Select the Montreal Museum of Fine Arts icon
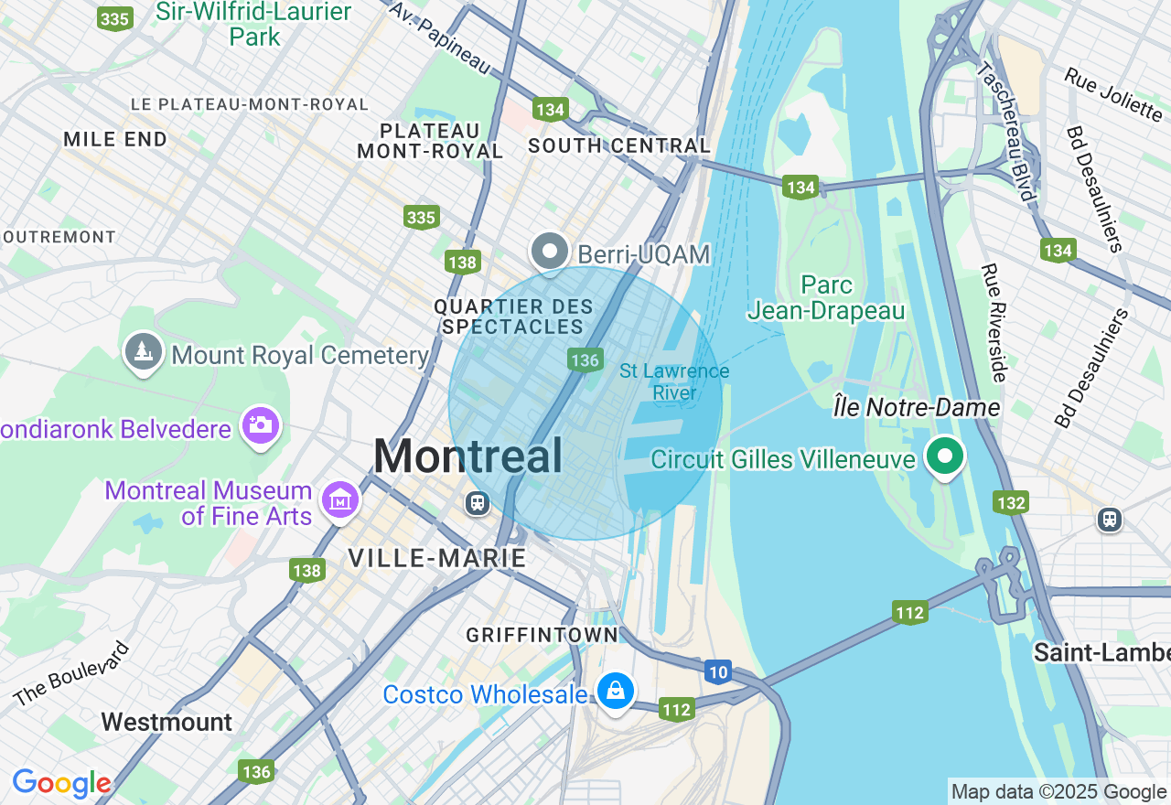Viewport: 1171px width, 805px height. (x=340, y=500)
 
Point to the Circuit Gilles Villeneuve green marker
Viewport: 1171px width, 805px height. (x=944, y=456)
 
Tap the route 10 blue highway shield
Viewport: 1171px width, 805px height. (x=718, y=673)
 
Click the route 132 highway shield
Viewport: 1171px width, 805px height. (x=1012, y=502)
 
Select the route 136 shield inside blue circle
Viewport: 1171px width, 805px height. (x=585, y=360)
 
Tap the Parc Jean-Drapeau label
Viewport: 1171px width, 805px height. (x=826, y=298)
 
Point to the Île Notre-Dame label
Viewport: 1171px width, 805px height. (x=916, y=407)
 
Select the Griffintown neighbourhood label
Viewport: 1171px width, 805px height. (x=542, y=634)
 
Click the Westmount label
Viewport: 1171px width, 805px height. (x=167, y=722)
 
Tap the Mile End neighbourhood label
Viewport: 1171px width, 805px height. (x=115, y=139)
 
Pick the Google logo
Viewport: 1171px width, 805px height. (x=61, y=783)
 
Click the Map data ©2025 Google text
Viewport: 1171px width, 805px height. (x=1058, y=792)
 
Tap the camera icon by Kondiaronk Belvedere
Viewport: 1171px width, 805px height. (x=261, y=425)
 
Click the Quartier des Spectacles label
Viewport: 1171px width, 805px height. (x=513, y=317)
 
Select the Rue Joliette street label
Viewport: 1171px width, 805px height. (x=1112, y=93)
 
